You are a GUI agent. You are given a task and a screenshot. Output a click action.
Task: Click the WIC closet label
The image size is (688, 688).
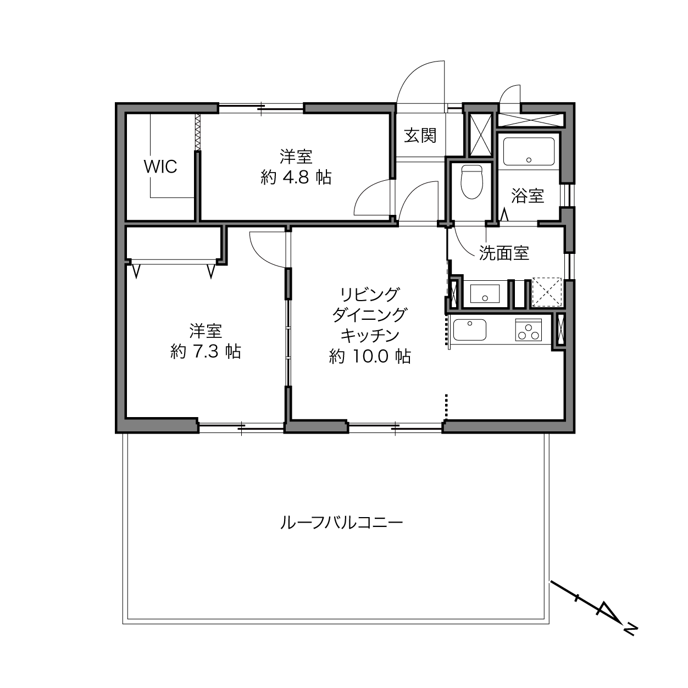[160, 167]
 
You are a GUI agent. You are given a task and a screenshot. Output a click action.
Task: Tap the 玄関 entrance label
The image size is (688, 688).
[420, 136]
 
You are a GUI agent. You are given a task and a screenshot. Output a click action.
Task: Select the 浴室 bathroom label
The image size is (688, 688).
[528, 196]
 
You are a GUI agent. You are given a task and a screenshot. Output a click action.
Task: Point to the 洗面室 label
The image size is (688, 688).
[504, 253]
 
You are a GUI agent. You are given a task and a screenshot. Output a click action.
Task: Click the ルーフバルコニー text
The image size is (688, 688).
[342, 523]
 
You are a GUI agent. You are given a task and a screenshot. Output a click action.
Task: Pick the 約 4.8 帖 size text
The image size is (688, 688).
[296, 177]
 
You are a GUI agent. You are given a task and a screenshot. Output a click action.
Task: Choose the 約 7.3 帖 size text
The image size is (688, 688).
[206, 352]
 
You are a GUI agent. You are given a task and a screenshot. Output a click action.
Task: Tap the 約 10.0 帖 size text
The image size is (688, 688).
[370, 356]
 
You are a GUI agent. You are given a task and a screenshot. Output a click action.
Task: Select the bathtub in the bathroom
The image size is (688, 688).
[529, 152]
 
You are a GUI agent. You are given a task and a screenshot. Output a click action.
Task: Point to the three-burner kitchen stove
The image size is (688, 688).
[529, 330]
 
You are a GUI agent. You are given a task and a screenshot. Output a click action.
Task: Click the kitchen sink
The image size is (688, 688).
[470, 330]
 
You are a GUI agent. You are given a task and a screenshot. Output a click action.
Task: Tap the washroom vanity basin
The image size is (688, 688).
[485, 293]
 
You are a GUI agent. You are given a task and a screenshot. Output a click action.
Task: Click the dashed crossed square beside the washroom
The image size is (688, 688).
[547, 292]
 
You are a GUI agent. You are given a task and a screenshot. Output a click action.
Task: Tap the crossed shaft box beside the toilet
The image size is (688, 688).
[481, 135]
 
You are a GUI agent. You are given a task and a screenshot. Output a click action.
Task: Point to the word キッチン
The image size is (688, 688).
[370, 335]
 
